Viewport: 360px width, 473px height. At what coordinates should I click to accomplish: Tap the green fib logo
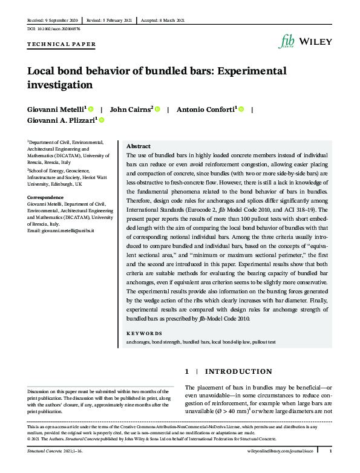[x=286, y=41]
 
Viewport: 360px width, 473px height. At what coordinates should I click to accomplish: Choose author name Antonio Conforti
[x=206, y=109]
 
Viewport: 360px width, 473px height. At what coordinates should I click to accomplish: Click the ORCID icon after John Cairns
[x=157, y=109]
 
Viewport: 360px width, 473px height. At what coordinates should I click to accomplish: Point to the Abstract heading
[x=138, y=146]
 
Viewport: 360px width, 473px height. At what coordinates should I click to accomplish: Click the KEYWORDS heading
[x=144, y=333]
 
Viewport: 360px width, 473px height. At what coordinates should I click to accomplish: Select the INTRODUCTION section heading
[x=238, y=371]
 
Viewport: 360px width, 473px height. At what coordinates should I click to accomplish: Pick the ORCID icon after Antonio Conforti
[x=241, y=109]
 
